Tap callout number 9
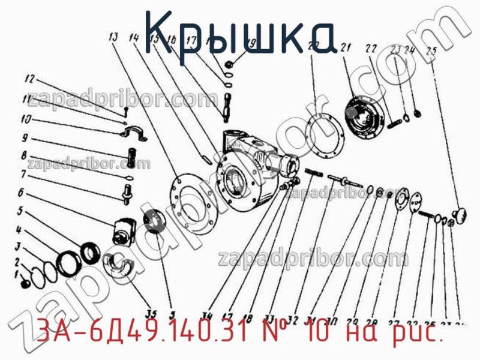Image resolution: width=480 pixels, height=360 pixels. (24, 137)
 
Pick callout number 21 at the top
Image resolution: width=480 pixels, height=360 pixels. (345, 48)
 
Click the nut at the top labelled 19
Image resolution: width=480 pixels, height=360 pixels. (230, 62)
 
